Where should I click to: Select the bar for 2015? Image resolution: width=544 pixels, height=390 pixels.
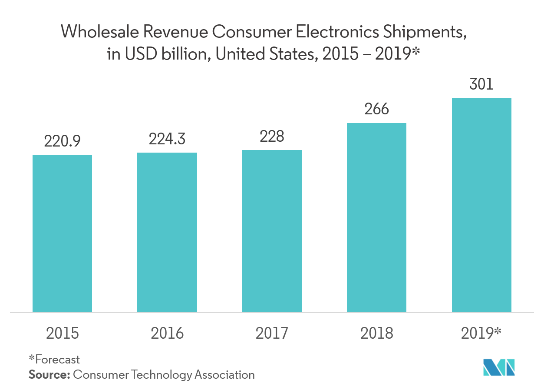coord(63,233)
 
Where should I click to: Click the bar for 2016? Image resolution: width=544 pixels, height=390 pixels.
coord(167,232)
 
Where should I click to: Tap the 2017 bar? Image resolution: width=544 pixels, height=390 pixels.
coord(272,231)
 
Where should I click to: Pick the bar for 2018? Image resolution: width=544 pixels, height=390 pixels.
coord(376,217)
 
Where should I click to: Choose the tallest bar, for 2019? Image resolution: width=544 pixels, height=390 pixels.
coord(481,205)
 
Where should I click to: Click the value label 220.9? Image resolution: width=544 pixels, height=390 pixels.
coord(63,141)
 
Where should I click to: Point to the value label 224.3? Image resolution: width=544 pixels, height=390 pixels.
coord(167,138)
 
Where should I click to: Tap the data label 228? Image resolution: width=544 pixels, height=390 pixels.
coord(272,136)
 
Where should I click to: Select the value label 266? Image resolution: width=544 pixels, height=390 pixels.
coord(376,109)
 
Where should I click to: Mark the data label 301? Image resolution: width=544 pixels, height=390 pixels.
coord(481,84)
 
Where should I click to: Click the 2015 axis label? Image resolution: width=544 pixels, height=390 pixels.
coord(63,333)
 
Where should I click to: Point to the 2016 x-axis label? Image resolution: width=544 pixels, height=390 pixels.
coord(167,333)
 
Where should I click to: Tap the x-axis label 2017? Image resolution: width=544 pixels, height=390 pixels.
coord(272,333)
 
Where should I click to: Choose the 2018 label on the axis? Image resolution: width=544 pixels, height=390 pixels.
coord(376,333)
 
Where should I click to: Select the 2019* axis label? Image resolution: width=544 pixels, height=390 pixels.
coord(481,333)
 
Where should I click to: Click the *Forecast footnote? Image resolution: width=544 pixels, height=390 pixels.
coord(54,360)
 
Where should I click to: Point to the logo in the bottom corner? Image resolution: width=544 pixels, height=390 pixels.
coord(499,367)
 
